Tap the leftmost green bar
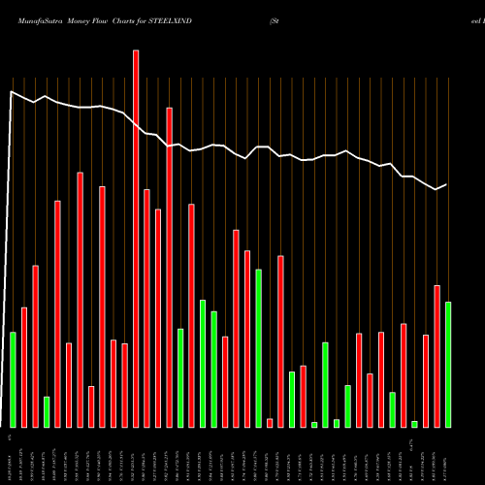click(13, 379)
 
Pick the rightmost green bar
click(448, 365)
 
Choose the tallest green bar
click(259, 348)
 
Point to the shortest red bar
click(270, 422)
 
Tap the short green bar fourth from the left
click(47, 411)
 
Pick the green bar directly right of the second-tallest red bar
click(180, 377)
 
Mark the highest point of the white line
click(12, 92)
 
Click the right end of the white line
click(447, 184)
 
